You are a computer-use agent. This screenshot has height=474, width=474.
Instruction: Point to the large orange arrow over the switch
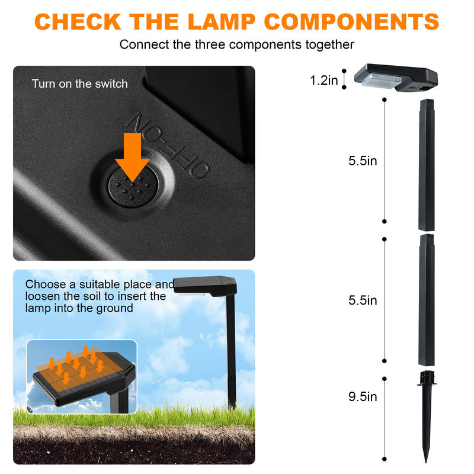click(x=132, y=156)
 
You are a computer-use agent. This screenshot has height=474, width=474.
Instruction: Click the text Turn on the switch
click(x=79, y=84)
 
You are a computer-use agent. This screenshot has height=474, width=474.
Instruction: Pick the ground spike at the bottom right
click(x=427, y=409)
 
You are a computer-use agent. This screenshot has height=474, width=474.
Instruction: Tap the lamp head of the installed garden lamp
click(x=204, y=285)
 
